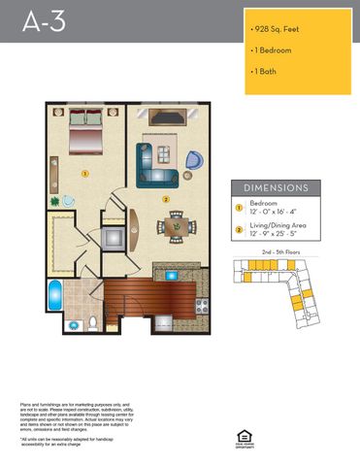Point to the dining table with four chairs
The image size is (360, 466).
175,226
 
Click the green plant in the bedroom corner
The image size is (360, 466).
56,201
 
